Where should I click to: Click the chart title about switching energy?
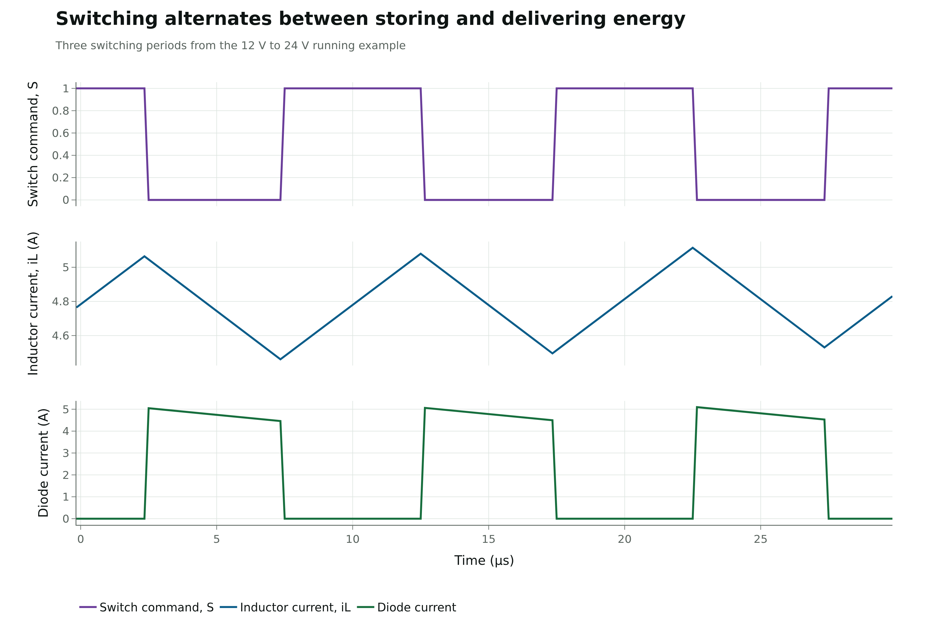point(370,19)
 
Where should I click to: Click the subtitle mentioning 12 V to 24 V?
point(230,45)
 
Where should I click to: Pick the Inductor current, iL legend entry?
point(285,607)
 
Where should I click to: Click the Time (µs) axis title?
point(484,560)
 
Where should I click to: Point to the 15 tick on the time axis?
point(488,539)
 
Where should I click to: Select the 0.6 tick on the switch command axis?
point(60,133)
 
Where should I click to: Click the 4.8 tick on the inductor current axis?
point(60,302)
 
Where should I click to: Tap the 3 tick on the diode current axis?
point(66,453)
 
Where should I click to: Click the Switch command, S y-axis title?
point(33,144)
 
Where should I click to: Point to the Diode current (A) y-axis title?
point(43,463)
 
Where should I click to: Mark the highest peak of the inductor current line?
point(692,248)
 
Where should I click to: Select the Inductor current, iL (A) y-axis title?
point(33,304)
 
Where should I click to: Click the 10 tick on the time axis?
point(353,539)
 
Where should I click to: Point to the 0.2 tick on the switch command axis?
point(60,178)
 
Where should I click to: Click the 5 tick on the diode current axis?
point(66,409)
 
